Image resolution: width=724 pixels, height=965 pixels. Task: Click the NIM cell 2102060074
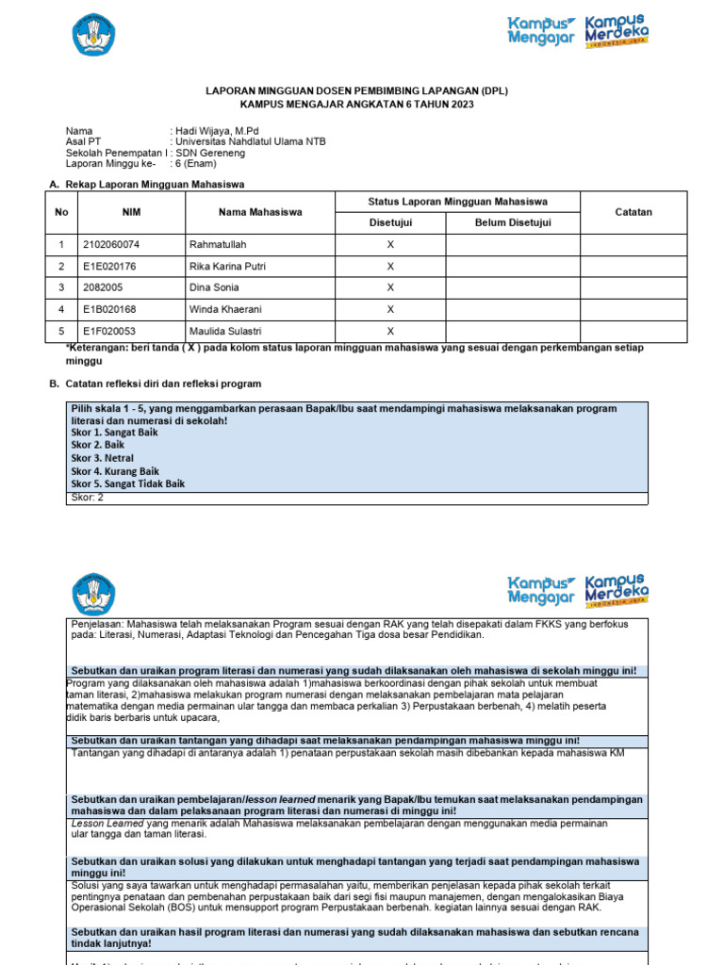pyautogui.click(x=111, y=245)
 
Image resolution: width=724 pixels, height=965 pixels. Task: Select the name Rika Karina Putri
pyautogui.click(x=227, y=267)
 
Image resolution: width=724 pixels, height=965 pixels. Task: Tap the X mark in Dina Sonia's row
pyautogui.click(x=390, y=288)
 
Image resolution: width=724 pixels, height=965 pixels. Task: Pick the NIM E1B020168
pyautogui.click(x=110, y=309)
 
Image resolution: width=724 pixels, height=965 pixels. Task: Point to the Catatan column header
pyautogui.click(x=633, y=212)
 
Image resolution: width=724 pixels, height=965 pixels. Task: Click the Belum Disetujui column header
pyautogui.click(x=513, y=223)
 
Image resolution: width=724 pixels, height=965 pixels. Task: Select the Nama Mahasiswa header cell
pyautogui.click(x=260, y=212)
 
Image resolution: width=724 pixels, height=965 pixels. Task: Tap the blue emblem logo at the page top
pyautogui.click(x=93, y=35)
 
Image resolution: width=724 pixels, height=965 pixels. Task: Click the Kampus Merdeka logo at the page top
pyautogui.click(x=617, y=32)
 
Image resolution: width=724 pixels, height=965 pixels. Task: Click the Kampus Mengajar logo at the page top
pyautogui.click(x=541, y=31)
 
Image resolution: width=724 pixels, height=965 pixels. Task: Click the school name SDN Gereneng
pyautogui.click(x=210, y=153)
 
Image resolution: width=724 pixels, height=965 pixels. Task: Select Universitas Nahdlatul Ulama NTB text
pyautogui.click(x=250, y=142)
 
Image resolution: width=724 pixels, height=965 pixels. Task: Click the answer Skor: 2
pyautogui.click(x=88, y=498)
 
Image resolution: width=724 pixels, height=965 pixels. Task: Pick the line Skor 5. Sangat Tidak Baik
pyautogui.click(x=128, y=483)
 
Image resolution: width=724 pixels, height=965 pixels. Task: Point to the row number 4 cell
pyautogui.click(x=61, y=309)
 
